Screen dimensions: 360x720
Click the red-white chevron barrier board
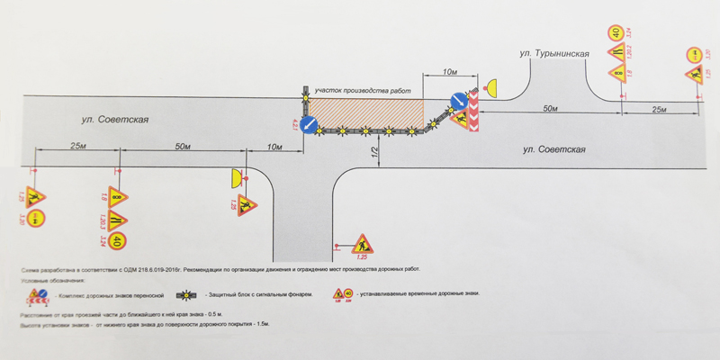(471, 115)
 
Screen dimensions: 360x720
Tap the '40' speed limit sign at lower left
(120, 239)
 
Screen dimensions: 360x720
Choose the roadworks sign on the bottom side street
(363, 243)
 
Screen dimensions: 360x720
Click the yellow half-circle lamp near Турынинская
(490, 88)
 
